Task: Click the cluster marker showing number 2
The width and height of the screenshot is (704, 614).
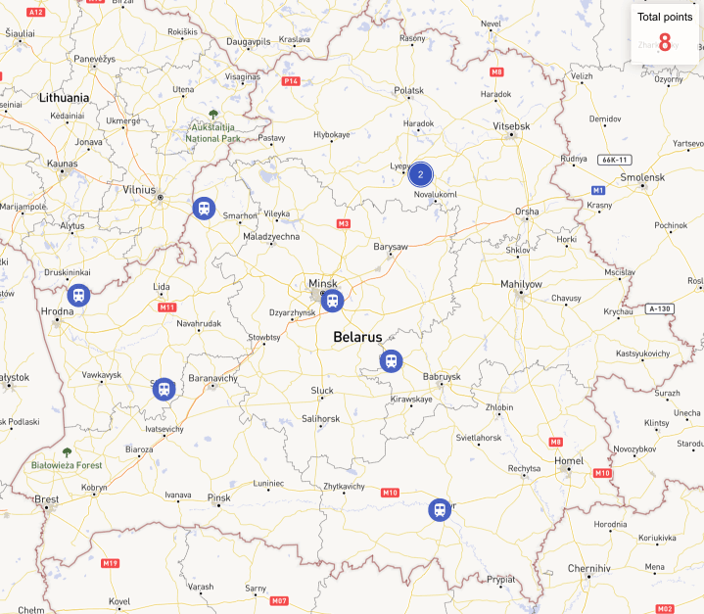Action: [420, 175]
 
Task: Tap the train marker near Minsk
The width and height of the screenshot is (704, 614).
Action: [332, 301]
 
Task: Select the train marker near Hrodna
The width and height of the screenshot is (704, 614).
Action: [78, 295]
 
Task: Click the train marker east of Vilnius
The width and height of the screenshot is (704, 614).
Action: [204, 208]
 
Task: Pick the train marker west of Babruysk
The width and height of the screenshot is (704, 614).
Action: [391, 361]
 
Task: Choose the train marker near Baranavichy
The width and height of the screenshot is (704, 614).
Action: [164, 389]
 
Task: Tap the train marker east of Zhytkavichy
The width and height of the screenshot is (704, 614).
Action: [440, 509]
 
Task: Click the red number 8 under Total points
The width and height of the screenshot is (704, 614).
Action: [665, 42]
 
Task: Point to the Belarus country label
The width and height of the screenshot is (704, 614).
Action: [357, 336]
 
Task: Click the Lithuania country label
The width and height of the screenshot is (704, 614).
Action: [64, 98]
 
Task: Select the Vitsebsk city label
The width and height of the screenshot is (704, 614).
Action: [511, 126]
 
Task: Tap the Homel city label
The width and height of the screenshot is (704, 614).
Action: [568, 460]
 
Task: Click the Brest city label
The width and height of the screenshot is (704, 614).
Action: [47, 499]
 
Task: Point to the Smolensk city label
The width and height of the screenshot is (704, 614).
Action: [642, 177]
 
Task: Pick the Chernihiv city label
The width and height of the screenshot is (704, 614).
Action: [589, 568]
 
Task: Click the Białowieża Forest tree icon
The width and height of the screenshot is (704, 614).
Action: [67, 452]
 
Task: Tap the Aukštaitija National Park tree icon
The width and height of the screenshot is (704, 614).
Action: [213, 115]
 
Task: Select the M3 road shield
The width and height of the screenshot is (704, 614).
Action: [343, 224]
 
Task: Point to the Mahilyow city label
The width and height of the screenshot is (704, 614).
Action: [521, 284]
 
